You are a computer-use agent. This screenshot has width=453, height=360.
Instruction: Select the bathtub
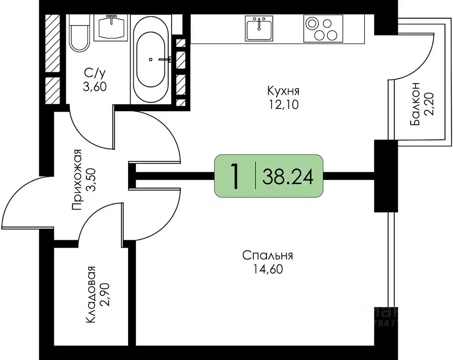click(150, 59)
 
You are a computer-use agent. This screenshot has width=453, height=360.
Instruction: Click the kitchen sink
click(258, 28)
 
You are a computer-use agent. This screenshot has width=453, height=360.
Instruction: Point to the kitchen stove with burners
click(320, 29)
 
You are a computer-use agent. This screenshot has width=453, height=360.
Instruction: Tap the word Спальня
click(267, 256)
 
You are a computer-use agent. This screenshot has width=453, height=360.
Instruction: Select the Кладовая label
click(91, 294)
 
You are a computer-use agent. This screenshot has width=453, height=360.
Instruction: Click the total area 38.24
click(287, 176)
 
